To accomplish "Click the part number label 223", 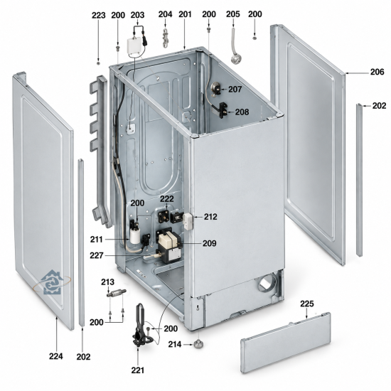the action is coord(99,16).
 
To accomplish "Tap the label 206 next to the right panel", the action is coord(377,72).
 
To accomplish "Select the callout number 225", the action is coord(307,304).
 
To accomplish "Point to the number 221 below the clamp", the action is coord(138,370).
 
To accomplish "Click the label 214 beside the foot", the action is coord(175,344).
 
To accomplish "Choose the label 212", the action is coord(210,217).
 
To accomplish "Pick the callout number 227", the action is coord(97,256).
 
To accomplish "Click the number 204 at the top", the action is coord(165,14).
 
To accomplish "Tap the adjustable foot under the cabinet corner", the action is coord(198,343).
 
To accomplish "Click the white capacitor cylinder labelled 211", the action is coord(134,235).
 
